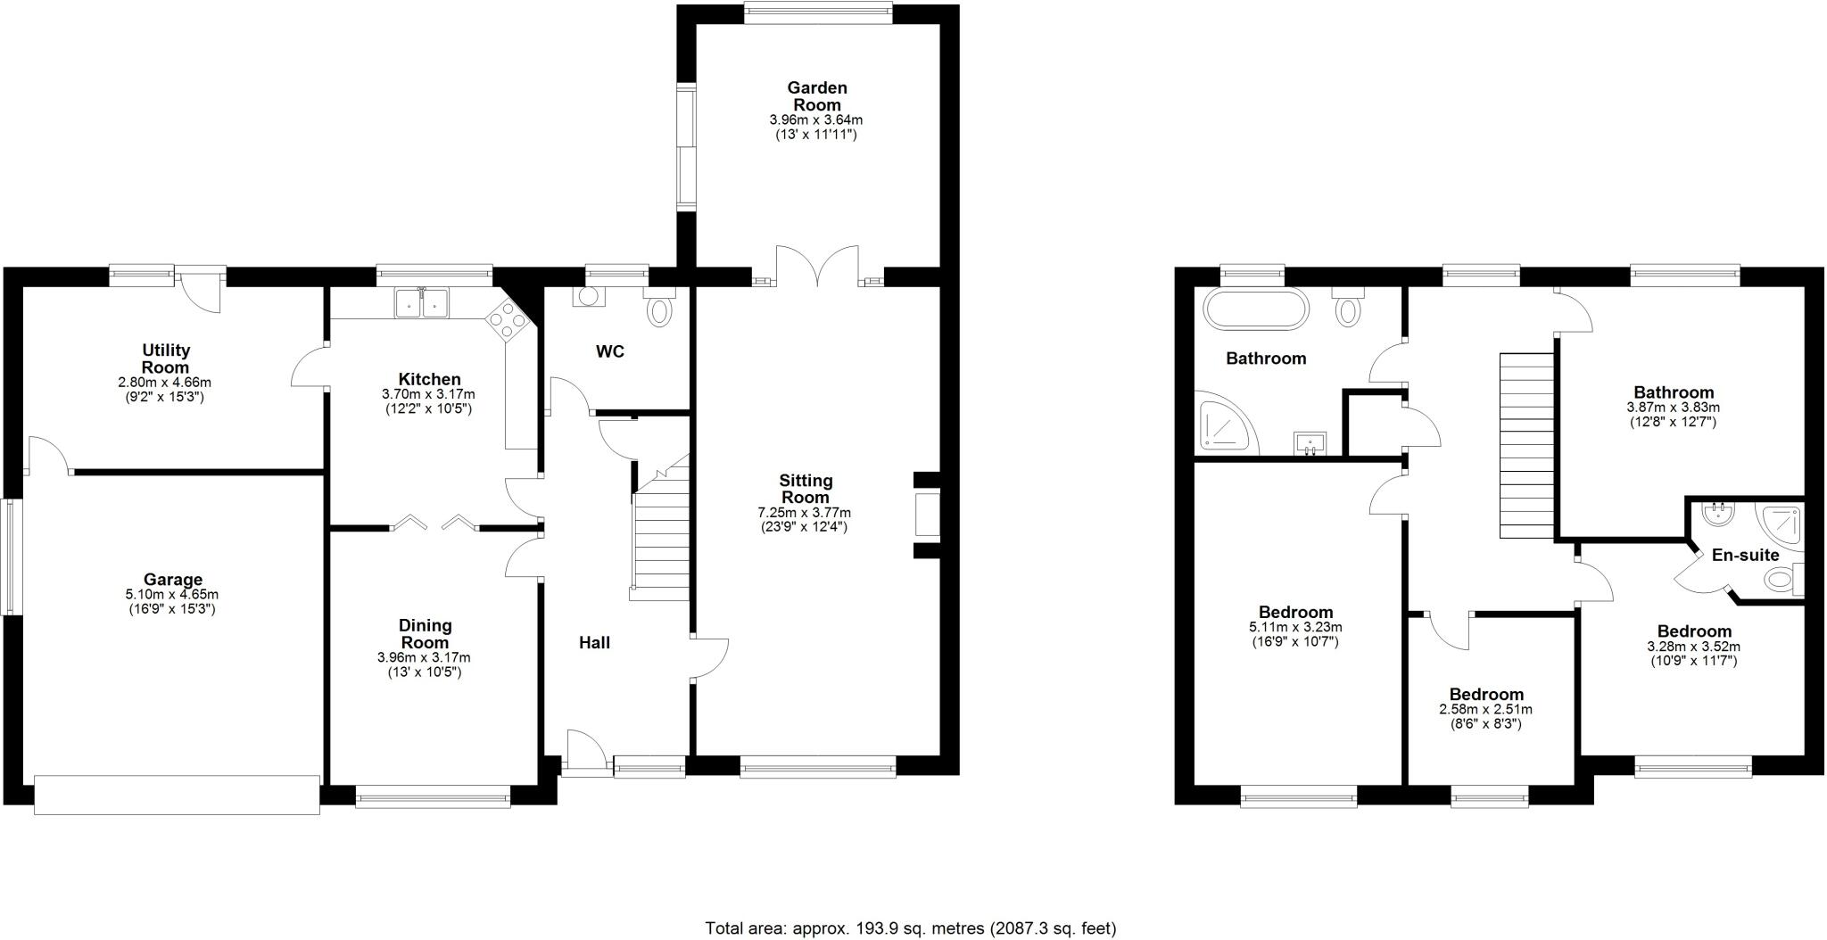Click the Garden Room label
coord(816,96)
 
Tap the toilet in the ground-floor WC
coord(660,310)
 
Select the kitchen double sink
coord(422,303)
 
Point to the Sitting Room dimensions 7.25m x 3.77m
coord(805,513)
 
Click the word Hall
coord(594,642)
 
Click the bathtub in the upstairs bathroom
coord(1256,310)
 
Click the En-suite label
coord(1745,555)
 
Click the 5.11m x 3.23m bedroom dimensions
coord(1295,627)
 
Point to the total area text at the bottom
coord(910,928)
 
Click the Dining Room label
coord(425,633)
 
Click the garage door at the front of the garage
coord(177,794)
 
